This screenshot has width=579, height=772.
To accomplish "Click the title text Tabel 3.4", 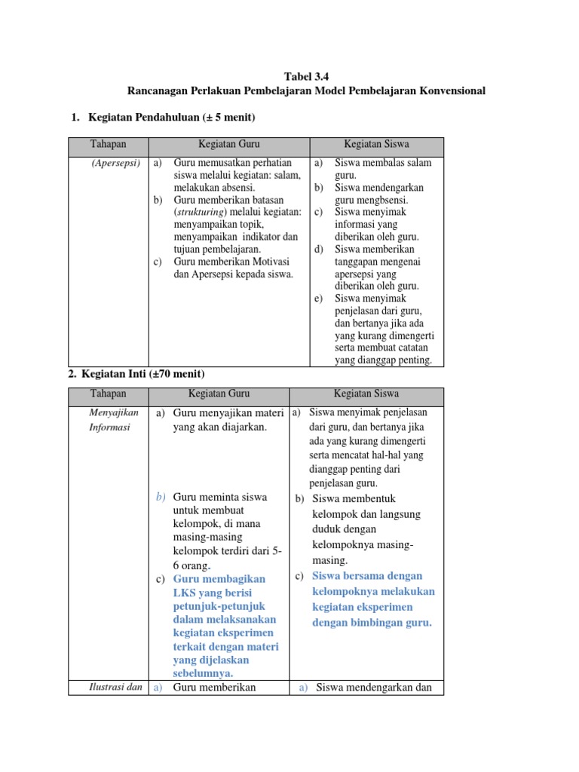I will pos(306,76).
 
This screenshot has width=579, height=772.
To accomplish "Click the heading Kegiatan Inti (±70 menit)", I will pos(146,374).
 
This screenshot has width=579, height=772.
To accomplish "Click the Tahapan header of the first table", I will pos(109,143).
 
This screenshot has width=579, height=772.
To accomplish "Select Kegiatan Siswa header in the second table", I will pos(366,394).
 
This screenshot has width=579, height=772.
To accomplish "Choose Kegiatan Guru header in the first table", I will pos(228,143).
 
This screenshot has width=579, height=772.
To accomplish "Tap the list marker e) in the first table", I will pos(319,299).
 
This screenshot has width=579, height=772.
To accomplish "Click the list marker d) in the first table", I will pos(319,250).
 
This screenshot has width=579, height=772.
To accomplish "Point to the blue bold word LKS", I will pos(185,593).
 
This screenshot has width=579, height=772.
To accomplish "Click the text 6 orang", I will pos(191,565).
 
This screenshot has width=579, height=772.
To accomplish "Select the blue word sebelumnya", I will pos(203,673).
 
